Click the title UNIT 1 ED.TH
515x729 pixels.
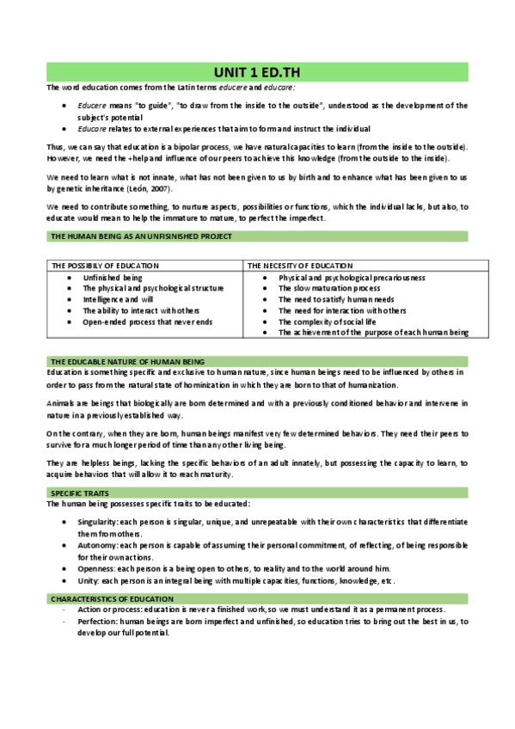pos(257,71)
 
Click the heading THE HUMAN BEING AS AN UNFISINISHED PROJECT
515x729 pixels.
pos(140,236)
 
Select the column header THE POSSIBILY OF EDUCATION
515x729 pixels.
pos(104,266)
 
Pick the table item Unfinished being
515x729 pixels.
pos(113,278)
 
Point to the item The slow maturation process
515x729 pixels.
pos(329,289)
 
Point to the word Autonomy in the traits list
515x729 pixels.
pos(96,545)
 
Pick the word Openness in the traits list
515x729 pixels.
pos(95,568)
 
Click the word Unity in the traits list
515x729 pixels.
pos(88,581)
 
